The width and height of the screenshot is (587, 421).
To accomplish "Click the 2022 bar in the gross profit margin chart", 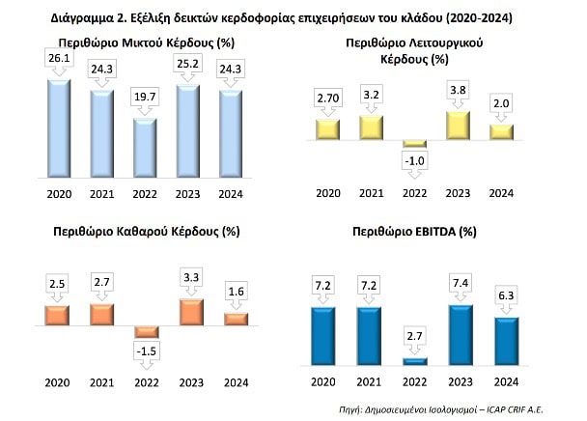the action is click(x=145, y=148).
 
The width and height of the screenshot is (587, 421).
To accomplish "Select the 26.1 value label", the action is click(x=59, y=58).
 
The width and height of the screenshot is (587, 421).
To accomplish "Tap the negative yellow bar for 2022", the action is click(x=414, y=144).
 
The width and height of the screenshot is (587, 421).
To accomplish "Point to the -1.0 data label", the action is click(x=414, y=161).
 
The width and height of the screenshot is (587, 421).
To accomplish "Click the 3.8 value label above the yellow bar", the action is click(x=458, y=90).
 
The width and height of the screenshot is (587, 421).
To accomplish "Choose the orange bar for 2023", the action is click(x=192, y=312).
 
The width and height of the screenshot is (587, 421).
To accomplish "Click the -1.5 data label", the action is click(x=147, y=351).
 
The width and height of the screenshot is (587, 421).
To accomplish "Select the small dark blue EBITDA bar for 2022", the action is click(x=415, y=361).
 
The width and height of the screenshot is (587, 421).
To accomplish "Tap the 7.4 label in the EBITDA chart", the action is click(x=461, y=283).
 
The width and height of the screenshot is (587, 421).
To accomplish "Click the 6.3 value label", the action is click(x=506, y=295).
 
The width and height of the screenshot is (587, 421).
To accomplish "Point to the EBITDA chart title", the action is click(x=414, y=232).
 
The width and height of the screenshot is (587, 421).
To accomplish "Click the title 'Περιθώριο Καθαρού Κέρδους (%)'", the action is click(x=147, y=232).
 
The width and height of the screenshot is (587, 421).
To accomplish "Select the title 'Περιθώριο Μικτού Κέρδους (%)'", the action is click(x=147, y=42).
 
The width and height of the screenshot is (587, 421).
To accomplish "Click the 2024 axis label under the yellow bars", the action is click(x=501, y=193).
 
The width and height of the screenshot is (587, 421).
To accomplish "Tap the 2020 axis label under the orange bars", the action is click(x=57, y=382).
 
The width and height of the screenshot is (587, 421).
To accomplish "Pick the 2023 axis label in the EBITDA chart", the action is click(x=461, y=382).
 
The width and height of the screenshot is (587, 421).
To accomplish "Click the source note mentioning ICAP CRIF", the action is click(x=441, y=409).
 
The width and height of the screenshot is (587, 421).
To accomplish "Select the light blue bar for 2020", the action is click(x=59, y=128).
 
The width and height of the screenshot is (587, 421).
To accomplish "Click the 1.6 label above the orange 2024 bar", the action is click(x=237, y=292).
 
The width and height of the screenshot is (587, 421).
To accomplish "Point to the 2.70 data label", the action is click(x=328, y=98).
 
